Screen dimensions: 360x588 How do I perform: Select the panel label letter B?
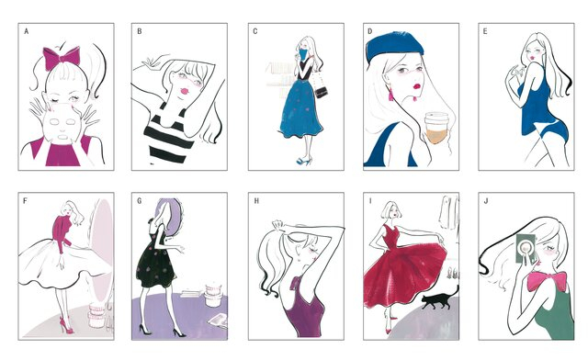coord(139,30)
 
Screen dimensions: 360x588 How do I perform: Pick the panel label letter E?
coord(484,30)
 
